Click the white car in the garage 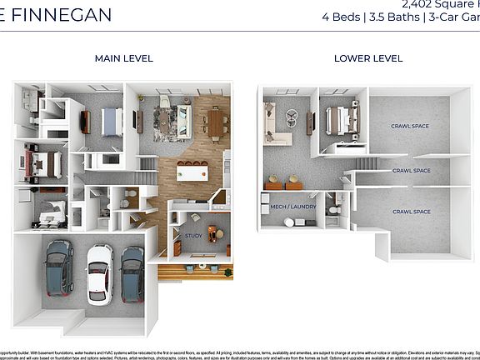pos(99,272)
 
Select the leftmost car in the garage pos(60,267)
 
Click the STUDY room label pos(193,236)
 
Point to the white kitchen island pos(192,173)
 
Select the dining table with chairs pos(216,124)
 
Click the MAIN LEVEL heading pos(123,58)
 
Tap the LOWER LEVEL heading pos(367,58)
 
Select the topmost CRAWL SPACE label pos(410,126)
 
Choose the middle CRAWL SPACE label pos(411,170)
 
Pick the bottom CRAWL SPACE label pos(411,212)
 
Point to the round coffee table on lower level pos(292,117)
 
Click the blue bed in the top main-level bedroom pos(111,122)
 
